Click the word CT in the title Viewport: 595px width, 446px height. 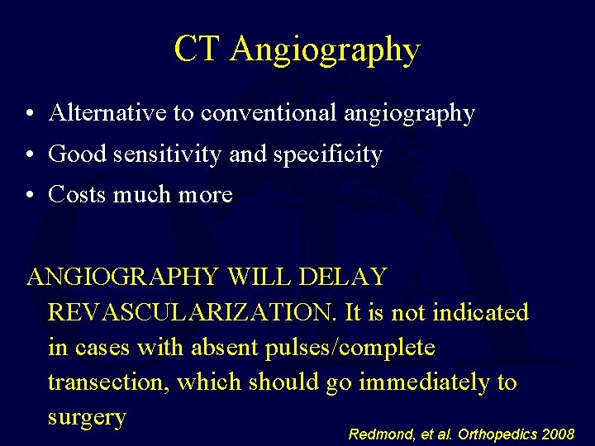pos(198,50)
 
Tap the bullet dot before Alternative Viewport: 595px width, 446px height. pos(30,114)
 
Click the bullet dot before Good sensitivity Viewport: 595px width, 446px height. pos(30,155)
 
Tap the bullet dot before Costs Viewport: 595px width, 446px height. pos(30,196)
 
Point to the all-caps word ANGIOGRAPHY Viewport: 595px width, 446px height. pos(124,277)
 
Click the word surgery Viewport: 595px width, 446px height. pos(87,418)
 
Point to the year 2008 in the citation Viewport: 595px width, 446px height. pos(557,434)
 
